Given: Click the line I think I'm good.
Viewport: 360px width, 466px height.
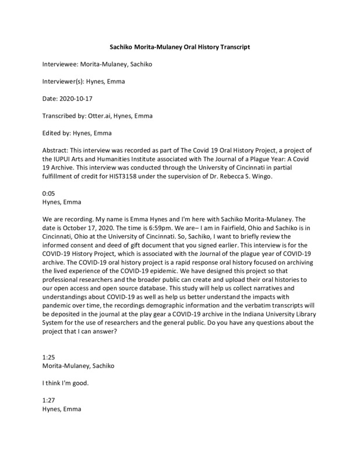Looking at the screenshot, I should click(x=65, y=384).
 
